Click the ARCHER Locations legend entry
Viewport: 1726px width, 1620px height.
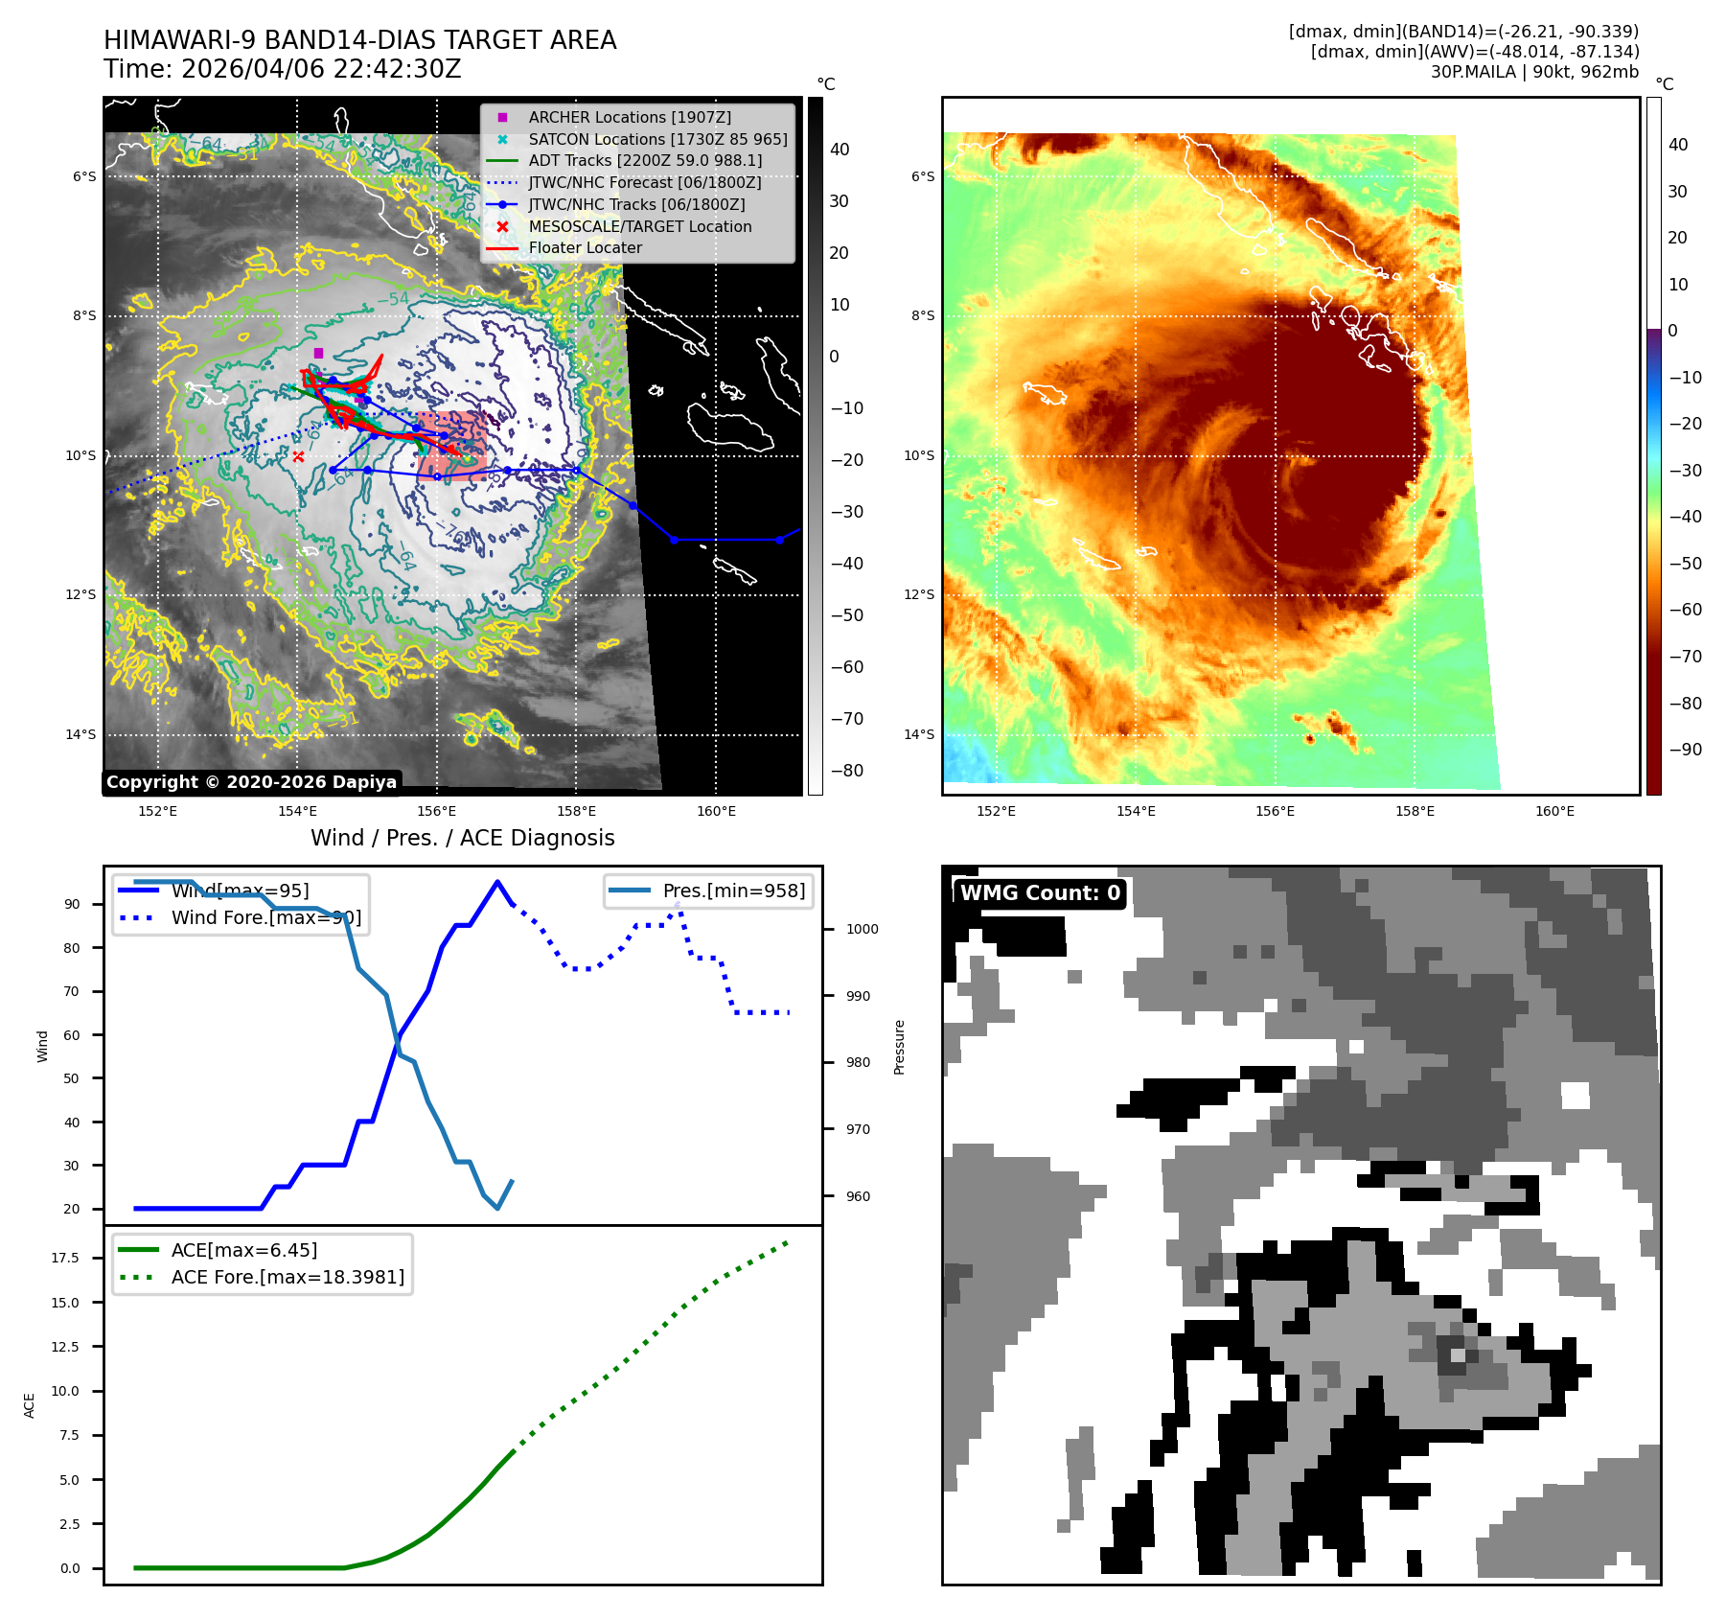click(629, 117)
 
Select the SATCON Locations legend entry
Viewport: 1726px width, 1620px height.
click(657, 139)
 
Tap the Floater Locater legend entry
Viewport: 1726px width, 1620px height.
click(585, 247)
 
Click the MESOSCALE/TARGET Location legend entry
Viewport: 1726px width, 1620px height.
click(639, 226)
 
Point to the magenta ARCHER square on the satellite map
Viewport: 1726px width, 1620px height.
click(319, 353)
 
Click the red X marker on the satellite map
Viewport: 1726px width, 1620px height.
click(298, 456)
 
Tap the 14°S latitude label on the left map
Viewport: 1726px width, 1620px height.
click(81, 734)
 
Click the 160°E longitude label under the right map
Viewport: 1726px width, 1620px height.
click(1554, 811)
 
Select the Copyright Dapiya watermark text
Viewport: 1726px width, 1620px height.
click(251, 782)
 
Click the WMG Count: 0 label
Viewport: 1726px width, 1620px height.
click(1040, 893)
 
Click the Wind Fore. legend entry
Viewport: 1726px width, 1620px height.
click(265, 917)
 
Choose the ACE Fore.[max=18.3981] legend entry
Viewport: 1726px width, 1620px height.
click(288, 1277)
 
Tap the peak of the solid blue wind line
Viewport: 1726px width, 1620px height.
click(496, 882)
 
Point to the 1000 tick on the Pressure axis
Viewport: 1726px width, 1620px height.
click(863, 929)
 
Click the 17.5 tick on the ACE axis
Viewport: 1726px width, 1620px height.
click(65, 1258)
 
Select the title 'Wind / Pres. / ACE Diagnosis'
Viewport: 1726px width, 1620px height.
click(462, 838)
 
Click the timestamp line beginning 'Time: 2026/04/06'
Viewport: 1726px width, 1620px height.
click(283, 69)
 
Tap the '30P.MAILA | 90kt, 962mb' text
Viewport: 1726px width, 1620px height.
click(1534, 72)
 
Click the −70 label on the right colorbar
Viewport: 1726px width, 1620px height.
click(1685, 657)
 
